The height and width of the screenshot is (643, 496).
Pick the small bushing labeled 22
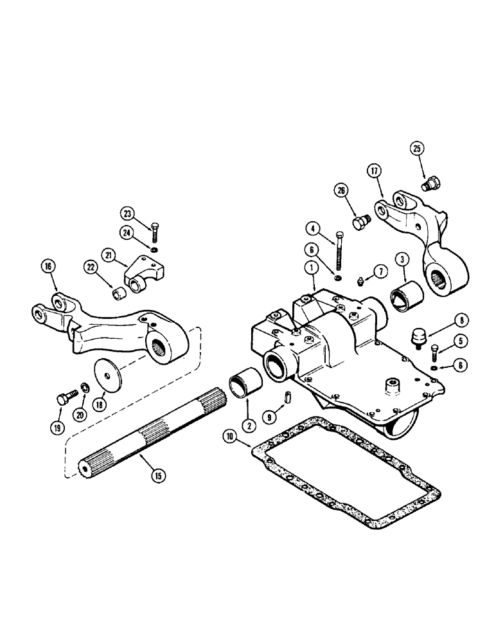(118, 295)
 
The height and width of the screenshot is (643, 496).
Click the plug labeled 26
(359, 222)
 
